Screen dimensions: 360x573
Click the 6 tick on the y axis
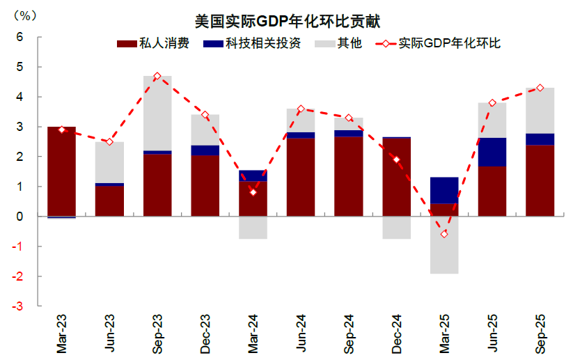pos(20,37)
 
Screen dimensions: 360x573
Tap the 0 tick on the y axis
pos(20,217)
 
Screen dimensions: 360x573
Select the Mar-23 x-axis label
pos(61,332)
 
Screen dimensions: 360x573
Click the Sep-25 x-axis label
pos(540,332)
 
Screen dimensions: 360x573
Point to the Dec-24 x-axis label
pos(396,332)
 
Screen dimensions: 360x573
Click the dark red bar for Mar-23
pos(61,171)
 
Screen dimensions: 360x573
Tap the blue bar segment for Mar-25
pos(444,190)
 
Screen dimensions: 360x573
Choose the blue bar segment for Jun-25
pos(492,152)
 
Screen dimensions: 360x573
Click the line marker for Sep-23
pos(157,76)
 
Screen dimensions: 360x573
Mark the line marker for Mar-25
pos(444,234)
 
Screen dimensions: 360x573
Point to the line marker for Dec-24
pos(396,159)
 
